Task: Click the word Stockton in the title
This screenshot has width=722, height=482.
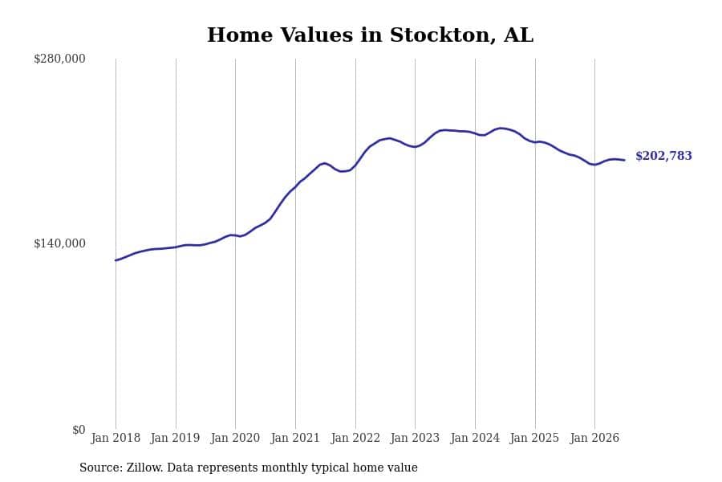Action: tap(443, 35)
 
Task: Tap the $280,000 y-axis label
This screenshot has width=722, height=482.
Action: tap(59, 59)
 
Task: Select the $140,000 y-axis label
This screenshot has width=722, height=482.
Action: tap(59, 243)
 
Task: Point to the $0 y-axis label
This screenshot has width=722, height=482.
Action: tap(79, 430)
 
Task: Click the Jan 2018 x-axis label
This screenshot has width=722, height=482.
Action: tap(116, 438)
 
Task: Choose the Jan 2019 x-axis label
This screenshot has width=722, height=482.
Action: tap(176, 438)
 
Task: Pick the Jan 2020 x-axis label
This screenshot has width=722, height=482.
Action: tap(235, 438)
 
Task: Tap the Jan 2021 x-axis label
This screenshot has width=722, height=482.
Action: tap(295, 438)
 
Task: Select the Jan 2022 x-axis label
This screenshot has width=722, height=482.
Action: tap(355, 438)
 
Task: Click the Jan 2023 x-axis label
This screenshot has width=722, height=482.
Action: tap(415, 438)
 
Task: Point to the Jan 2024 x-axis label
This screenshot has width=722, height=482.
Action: tap(475, 438)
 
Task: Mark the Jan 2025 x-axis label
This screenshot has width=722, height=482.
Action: tap(534, 438)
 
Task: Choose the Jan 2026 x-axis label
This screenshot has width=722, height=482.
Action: tap(594, 438)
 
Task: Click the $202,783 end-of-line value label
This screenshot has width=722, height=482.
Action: tap(663, 156)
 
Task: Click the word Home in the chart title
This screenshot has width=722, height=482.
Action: tap(240, 35)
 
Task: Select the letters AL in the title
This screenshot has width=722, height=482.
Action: tap(519, 35)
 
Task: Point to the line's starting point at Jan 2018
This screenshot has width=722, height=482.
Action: tap(116, 260)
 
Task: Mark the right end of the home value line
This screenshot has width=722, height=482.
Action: tap(624, 160)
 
